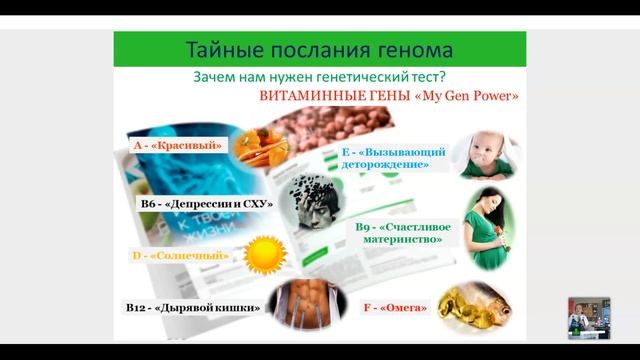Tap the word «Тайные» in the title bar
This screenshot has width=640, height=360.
(x=222, y=49)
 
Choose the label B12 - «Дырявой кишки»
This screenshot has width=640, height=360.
(x=193, y=308)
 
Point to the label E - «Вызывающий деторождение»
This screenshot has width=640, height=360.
(x=393, y=158)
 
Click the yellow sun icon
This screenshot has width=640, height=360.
(x=266, y=254)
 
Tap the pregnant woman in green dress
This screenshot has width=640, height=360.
(x=487, y=227)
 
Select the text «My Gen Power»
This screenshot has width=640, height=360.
(x=474, y=97)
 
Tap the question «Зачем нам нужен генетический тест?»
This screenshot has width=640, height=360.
(x=319, y=77)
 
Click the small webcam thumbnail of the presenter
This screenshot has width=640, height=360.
(x=588, y=318)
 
